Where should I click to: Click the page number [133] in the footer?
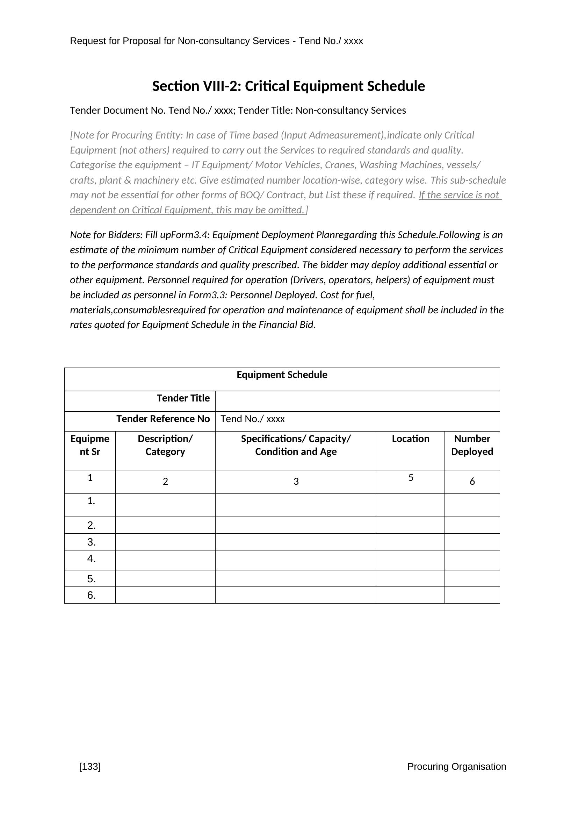90,766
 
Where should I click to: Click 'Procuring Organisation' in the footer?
456,766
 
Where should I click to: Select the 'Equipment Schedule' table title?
282,375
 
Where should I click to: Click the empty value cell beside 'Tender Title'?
357,401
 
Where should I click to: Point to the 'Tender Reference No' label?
163,419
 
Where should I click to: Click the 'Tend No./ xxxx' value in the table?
252,419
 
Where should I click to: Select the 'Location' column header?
410,439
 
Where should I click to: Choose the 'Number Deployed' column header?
472,445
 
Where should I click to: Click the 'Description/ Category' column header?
165,445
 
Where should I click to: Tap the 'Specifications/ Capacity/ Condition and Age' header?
296,445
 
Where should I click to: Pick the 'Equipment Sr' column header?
90,445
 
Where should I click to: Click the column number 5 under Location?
411,478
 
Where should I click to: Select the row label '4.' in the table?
92,559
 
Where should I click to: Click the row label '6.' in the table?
92,595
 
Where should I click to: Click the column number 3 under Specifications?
296,482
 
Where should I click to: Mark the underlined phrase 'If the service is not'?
459,195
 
